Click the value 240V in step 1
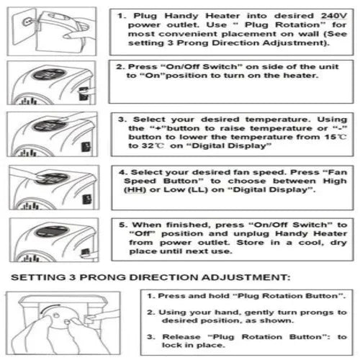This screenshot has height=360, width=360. (x=334, y=16)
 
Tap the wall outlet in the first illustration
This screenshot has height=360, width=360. (x=27, y=22)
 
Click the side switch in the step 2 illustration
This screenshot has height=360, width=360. (x=84, y=94)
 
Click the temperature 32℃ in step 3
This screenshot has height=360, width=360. (x=153, y=145)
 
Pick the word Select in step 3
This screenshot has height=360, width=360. (x=149, y=120)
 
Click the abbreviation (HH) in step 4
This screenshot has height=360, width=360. (x=135, y=190)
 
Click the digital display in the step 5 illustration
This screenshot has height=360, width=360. (x=53, y=231)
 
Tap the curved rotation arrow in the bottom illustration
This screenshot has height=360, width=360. (x=50, y=307)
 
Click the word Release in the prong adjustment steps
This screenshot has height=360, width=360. (x=181, y=337)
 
